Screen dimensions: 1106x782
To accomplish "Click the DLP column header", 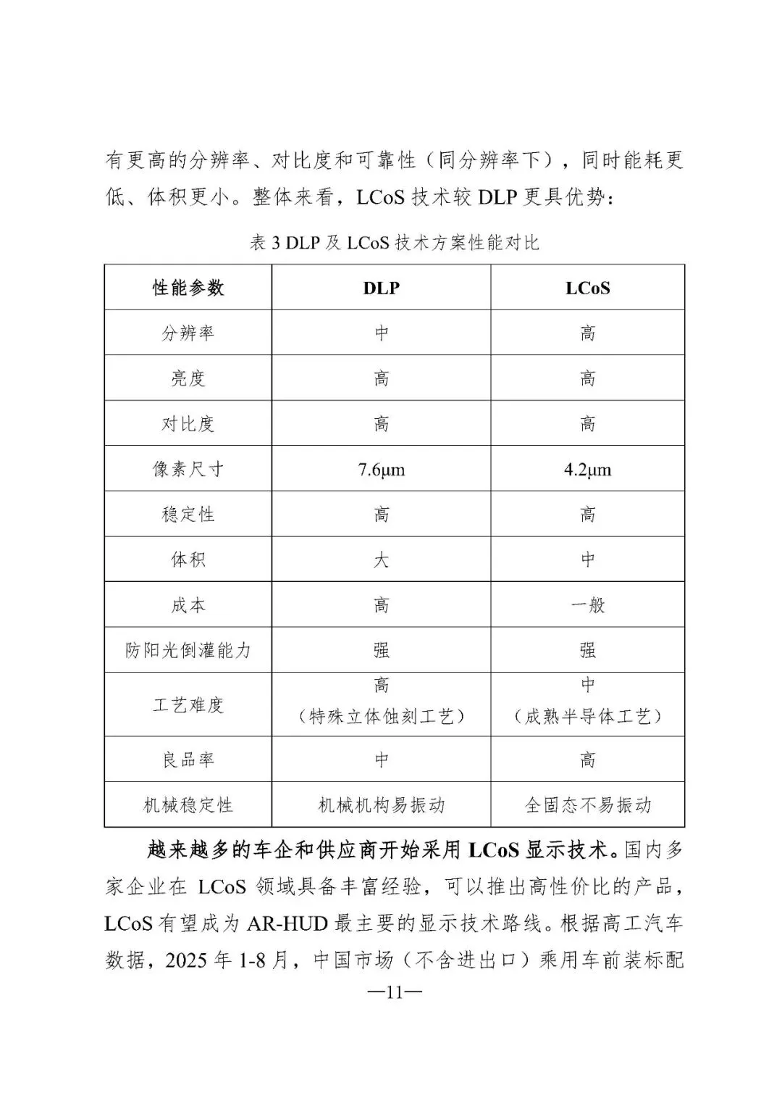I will point(381,288).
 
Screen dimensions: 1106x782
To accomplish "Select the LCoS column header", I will point(587,288).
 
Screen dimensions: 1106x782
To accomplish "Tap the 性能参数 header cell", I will point(188,288).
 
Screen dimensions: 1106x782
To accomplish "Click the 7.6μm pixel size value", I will point(381,470).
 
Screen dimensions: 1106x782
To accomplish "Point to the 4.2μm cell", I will point(587,470).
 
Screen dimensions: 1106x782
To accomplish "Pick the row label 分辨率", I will point(188,333).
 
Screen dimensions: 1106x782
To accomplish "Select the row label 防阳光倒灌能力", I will point(188,650).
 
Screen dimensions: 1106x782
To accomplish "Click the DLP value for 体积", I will point(381,560).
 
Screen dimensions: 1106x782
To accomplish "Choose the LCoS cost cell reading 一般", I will point(587,605).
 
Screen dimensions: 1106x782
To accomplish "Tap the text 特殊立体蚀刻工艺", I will point(381,717).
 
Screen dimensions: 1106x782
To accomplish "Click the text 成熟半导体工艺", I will point(587,717).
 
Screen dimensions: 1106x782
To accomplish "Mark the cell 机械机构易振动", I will point(381,805).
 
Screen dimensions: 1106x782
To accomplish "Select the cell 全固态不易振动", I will point(587,805).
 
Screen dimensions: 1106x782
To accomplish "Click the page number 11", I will point(393,992).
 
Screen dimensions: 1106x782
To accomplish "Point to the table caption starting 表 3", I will point(394,243).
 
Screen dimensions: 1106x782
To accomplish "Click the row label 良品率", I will point(188,760).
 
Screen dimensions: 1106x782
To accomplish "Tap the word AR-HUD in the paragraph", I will point(287,924).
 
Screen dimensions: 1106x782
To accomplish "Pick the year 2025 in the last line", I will point(187,960).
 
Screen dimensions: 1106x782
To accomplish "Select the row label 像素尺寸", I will point(188,470).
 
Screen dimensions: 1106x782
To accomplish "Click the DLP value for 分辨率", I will point(381,333).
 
